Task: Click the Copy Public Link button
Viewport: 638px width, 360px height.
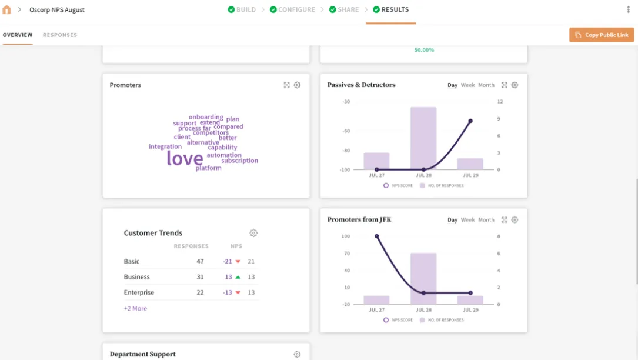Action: [x=602, y=35]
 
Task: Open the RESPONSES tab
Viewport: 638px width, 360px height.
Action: [x=60, y=35]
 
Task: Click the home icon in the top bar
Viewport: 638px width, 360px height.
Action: [x=7, y=10]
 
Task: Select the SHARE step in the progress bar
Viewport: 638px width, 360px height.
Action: [x=344, y=10]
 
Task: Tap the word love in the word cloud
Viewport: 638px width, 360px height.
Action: [x=185, y=158]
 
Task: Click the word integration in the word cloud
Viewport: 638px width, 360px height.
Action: [x=165, y=146]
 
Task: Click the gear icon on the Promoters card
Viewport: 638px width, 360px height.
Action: [x=297, y=85]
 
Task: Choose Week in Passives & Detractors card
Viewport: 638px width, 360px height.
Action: [x=467, y=85]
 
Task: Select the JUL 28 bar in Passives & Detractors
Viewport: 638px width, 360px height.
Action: [x=423, y=138]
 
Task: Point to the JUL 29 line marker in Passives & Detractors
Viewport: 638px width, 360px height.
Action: [x=470, y=121]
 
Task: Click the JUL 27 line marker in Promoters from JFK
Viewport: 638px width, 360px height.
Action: [x=376, y=236]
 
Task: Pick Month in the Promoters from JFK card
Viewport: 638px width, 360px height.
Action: [x=486, y=220]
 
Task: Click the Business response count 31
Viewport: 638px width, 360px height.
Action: [x=200, y=277]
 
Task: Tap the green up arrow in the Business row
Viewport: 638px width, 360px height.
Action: [x=238, y=277]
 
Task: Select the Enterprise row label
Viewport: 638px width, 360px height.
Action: [x=139, y=292]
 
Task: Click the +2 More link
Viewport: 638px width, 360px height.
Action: [x=135, y=308]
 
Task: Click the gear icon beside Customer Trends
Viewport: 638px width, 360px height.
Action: [x=253, y=233]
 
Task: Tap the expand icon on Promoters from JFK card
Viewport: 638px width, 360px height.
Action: [x=504, y=220]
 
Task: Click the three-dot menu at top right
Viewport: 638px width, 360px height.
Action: [x=629, y=10]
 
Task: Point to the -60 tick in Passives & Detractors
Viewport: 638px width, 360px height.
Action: [x=346, y=131]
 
